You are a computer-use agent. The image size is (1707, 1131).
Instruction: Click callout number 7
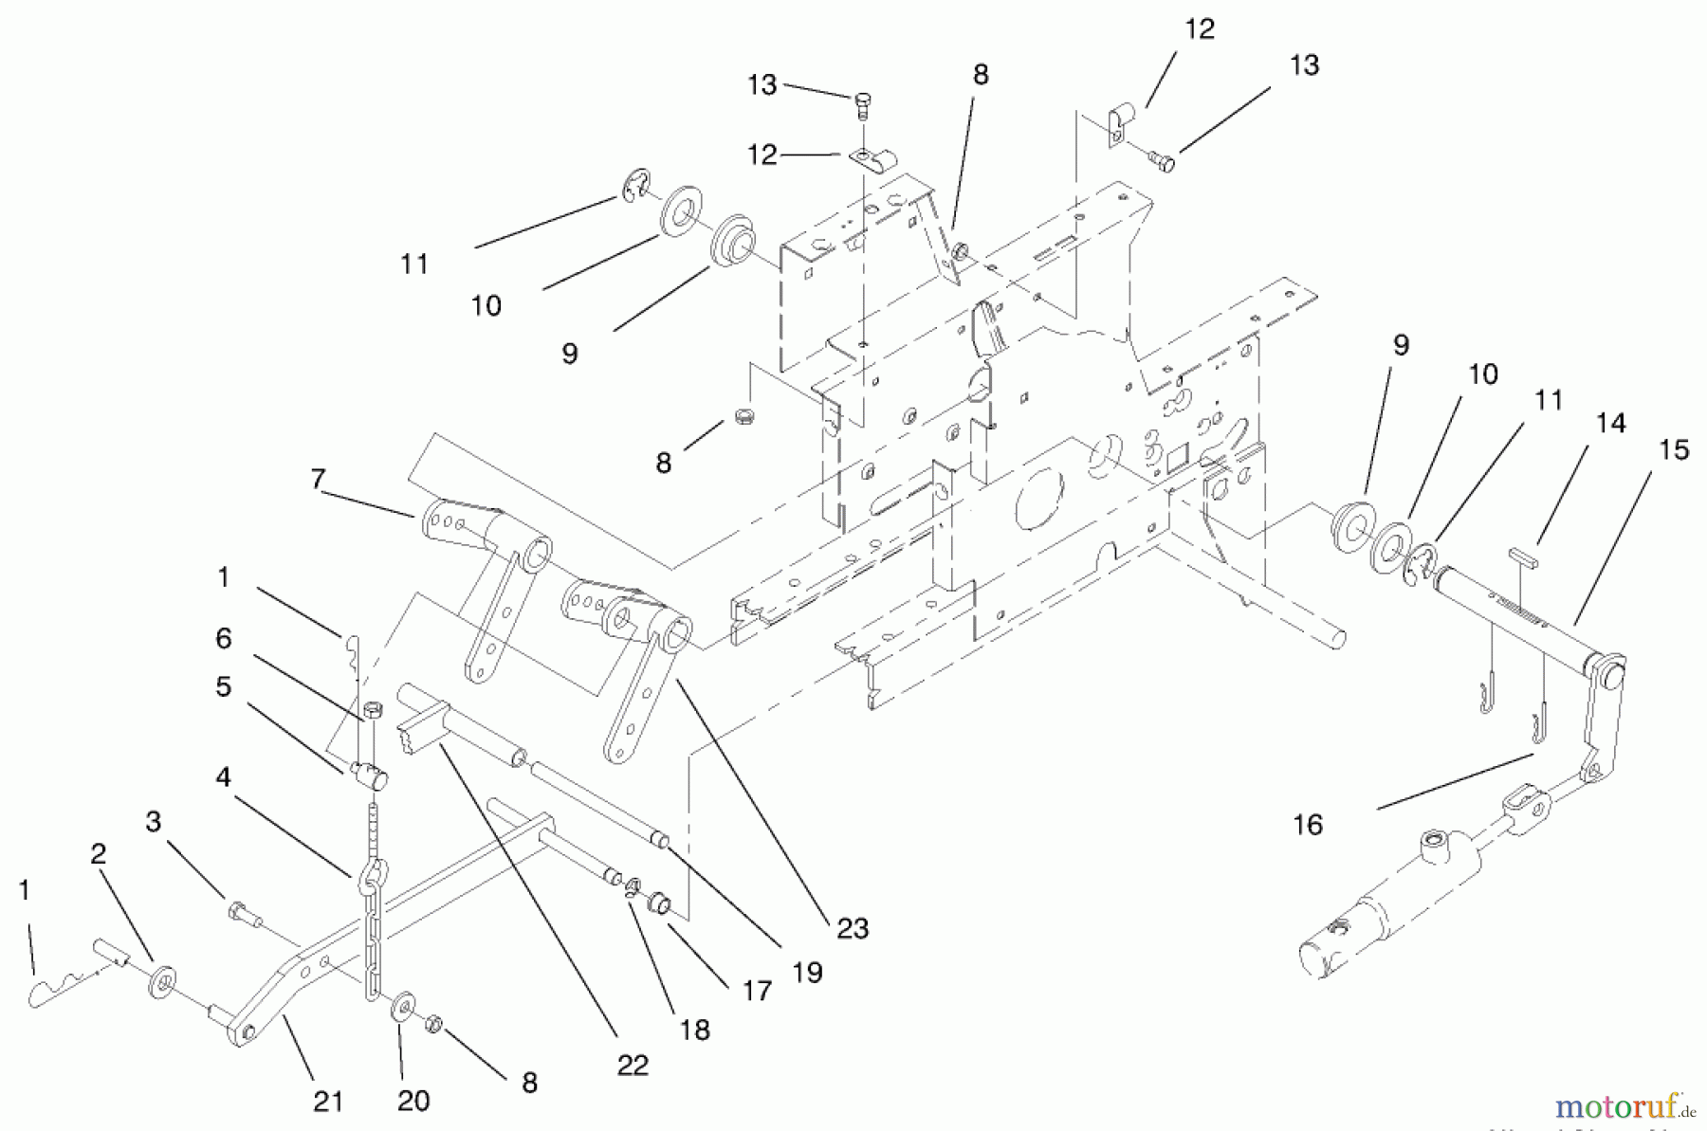tap(318, 479)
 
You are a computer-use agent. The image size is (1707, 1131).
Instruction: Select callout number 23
tap(853, 928)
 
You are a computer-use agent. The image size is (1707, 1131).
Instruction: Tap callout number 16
tap(1307, 825)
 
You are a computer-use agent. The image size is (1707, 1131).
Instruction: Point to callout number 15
tap(1674, 449)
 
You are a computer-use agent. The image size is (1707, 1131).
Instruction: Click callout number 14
tap(1610, 423)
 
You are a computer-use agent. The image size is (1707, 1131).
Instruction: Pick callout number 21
tap(328, 1102)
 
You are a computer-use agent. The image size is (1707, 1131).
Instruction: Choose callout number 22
tap(633, 1066)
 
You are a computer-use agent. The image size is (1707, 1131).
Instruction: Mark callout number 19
tap(807, 973)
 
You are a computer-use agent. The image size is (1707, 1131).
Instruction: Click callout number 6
tap(224, 638)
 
